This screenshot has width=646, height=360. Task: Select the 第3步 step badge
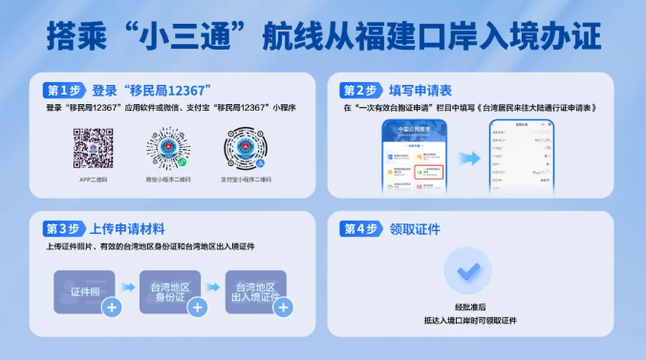64,229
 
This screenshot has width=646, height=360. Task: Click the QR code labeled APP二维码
94,147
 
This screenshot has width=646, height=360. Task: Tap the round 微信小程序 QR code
169,149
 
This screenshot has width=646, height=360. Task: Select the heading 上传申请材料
126,229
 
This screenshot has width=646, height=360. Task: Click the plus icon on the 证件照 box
112,307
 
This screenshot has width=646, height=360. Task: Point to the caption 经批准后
470,307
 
